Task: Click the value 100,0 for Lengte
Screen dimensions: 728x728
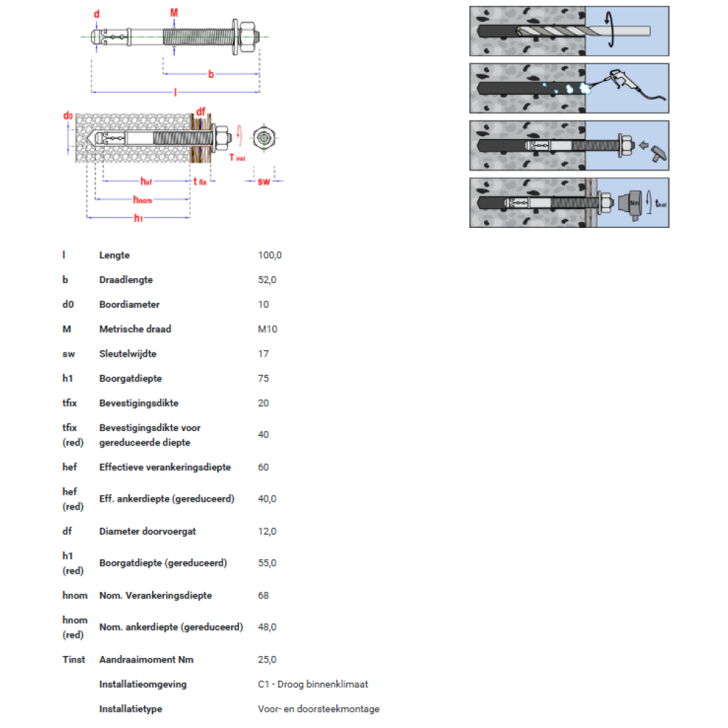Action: [x=270, y=256]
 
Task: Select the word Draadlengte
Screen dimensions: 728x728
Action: [x=126, y=280]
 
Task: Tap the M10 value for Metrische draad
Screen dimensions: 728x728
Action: [x=267, y=329]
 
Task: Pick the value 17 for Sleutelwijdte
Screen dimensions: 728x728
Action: [x=264, y=354]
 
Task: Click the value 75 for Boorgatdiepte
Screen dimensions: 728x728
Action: [x=264, y=379]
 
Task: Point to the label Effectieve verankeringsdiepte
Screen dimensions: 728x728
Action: [x=165, y=467]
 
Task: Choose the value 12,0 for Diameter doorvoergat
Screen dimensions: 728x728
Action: [x=267, y=531]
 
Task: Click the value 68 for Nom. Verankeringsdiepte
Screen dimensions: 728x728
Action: [x=264, y=596]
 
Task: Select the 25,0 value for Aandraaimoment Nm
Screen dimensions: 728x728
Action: [x=267, y=660]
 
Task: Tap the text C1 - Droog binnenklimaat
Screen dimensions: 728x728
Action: [x=313, y=684]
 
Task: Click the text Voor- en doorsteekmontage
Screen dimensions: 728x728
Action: [x=319, y=709]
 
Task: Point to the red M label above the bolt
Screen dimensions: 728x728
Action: [x=174, y=12]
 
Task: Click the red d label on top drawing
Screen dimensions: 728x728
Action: [x=97, y=14]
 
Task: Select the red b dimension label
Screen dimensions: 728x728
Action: [x=211, y=74]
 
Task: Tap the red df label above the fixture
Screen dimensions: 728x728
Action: [x=201, y=111]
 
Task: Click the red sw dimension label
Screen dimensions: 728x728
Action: [x=264, y=181]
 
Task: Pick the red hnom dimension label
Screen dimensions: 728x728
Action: [x=143, y=199]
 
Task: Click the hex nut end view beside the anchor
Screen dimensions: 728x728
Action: [x=264, y=138]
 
